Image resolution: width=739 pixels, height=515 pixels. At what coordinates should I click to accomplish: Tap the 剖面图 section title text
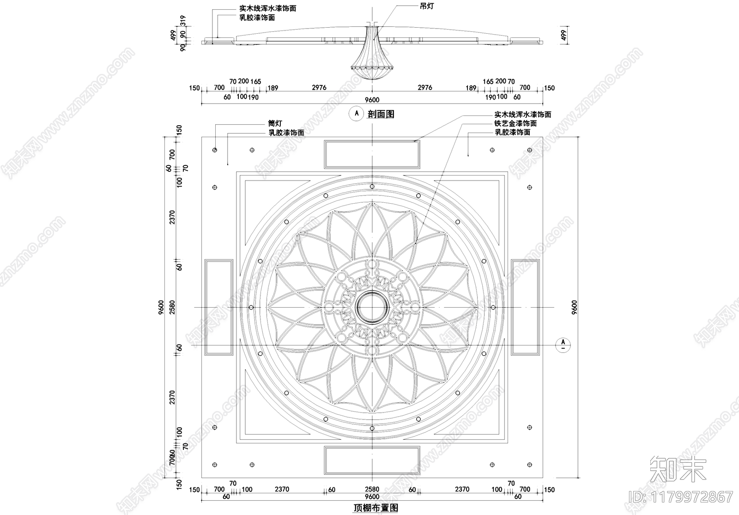pyautogui.click(x=381, y=114)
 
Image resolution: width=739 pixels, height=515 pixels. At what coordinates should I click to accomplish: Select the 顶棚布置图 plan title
pyautogui.click(x=376, y=508)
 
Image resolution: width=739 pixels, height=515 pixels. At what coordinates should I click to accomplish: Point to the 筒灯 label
pyautogui.click(x=275, y=123)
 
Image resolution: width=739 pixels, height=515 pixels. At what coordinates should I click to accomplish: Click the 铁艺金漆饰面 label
pyautogui.click(x=515, y=123)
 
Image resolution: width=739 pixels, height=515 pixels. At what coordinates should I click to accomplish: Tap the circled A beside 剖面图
pyautogui.click(x=356, y=113)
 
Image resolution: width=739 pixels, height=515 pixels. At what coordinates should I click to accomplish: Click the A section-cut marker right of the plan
pyautogui.click(x=563, y=344)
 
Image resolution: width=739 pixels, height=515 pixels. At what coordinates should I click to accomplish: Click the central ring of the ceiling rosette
pyautogui.click(x=372, y=307)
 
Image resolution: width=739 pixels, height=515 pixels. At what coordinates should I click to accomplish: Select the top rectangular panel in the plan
pyautogui.click(x=372, y=154)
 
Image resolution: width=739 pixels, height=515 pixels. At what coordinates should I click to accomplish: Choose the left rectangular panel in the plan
pyautogui.click(x=218, y=307)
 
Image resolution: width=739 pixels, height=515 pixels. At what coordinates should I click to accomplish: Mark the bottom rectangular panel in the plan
pyautogui.click(x=372, y=460)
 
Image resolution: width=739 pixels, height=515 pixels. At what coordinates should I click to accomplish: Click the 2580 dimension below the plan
pyautogui.click(x=372, y=489)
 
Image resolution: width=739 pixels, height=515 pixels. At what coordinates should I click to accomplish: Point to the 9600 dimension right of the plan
pyautogui.click(x=575, y=307)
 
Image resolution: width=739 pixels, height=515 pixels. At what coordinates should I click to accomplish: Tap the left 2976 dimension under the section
pyautogui.click(x=319, y=87)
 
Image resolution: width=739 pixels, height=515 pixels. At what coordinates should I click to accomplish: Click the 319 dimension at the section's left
pyautogui.click(x=183, y=21)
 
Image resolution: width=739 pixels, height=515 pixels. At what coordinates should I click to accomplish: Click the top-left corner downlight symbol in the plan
pyautogui.click(x=215, y=150)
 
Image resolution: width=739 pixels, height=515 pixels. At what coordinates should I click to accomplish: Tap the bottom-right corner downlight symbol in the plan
pyautogui.click(x=529, y=464)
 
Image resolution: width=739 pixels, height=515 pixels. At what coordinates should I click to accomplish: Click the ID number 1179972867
pyautogui.click(x=681, y=497)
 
